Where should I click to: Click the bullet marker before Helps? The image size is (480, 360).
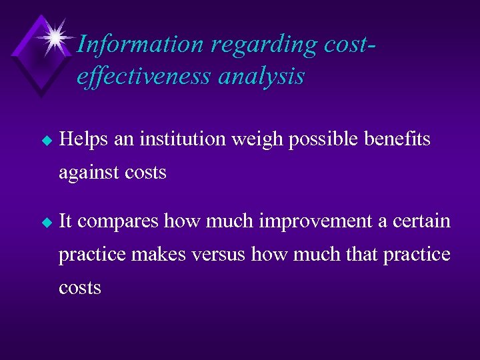click(46, 141)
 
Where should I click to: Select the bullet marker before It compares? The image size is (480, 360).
click(46, 222)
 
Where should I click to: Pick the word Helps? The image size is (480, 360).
click(83, 139)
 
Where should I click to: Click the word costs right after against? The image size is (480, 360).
click(145, 173)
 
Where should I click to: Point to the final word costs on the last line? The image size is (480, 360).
click(80, 288)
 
